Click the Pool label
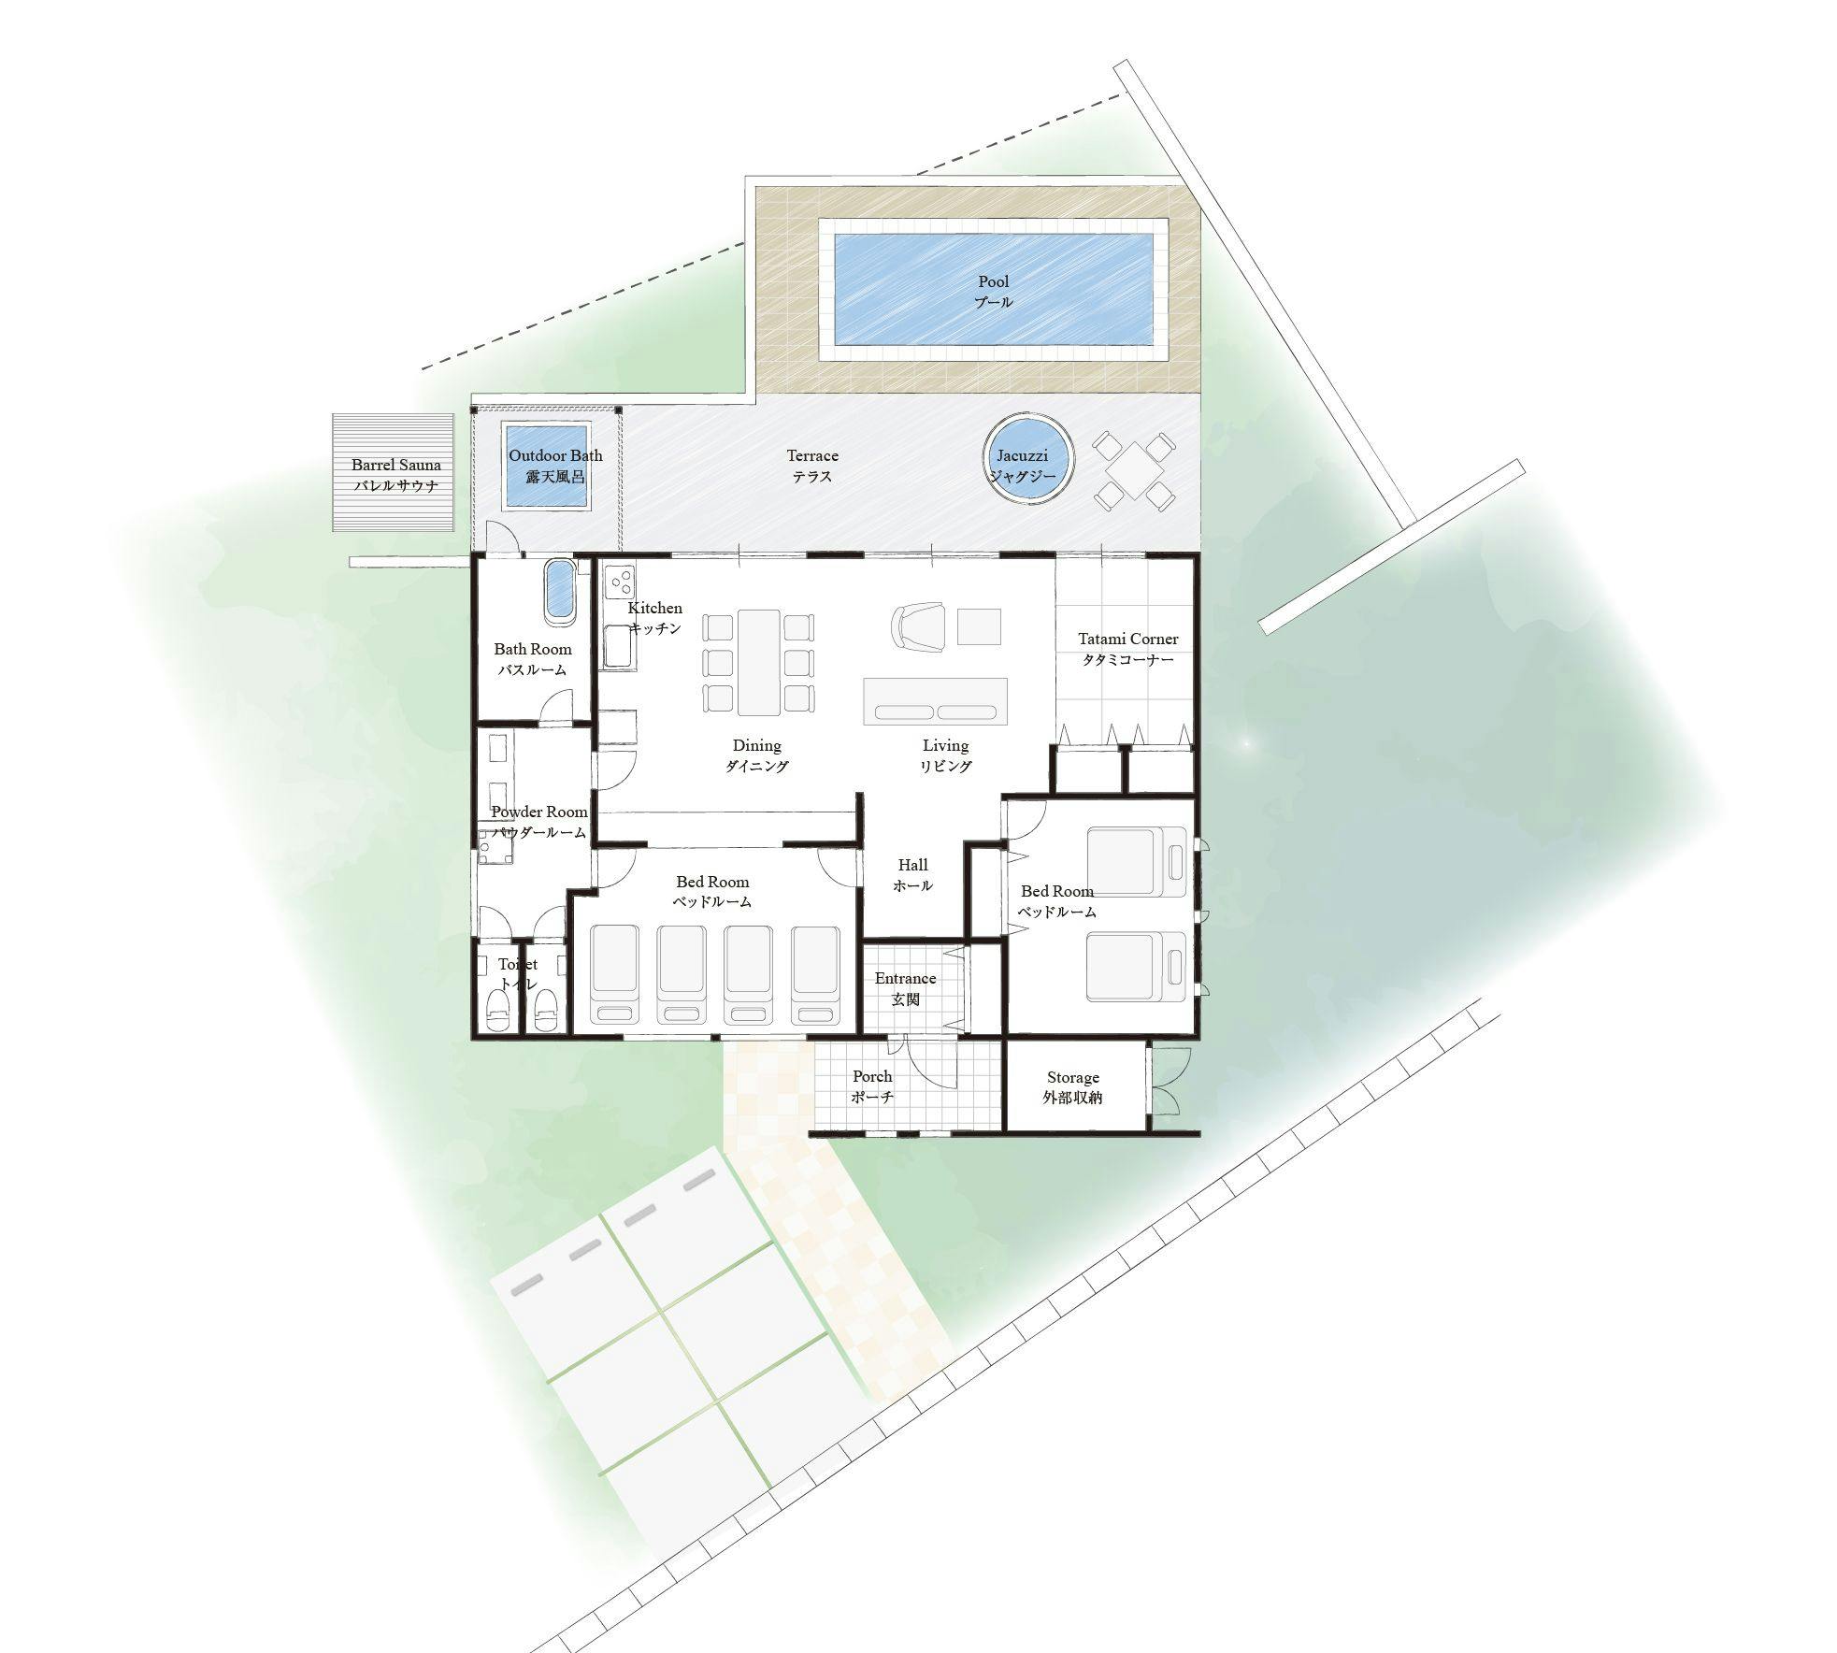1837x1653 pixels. (x=993, y=291)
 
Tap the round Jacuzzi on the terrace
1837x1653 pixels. (x=1028, y=459)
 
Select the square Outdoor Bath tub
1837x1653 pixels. (x=548, y=467)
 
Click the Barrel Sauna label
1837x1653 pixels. (x=396, y=474)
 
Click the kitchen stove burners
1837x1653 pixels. (x=619, y=583)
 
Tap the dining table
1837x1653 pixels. (x=758, y=662)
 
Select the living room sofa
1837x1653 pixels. (x=935, y=701)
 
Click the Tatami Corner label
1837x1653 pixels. (x=1127, y=649)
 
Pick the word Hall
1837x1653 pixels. (x=912, y=865)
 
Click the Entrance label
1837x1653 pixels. (x=905, y=988)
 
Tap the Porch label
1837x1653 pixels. (x=872, y=1086)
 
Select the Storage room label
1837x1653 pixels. (x=1072, y=1087)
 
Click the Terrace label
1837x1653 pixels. (x=811, y=466)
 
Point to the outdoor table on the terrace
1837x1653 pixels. (x=1134, y=470)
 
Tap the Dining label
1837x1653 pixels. (x=756, y=755)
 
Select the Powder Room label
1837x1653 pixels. (x=539, y=822)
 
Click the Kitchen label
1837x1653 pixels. (x=654, y=618)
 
